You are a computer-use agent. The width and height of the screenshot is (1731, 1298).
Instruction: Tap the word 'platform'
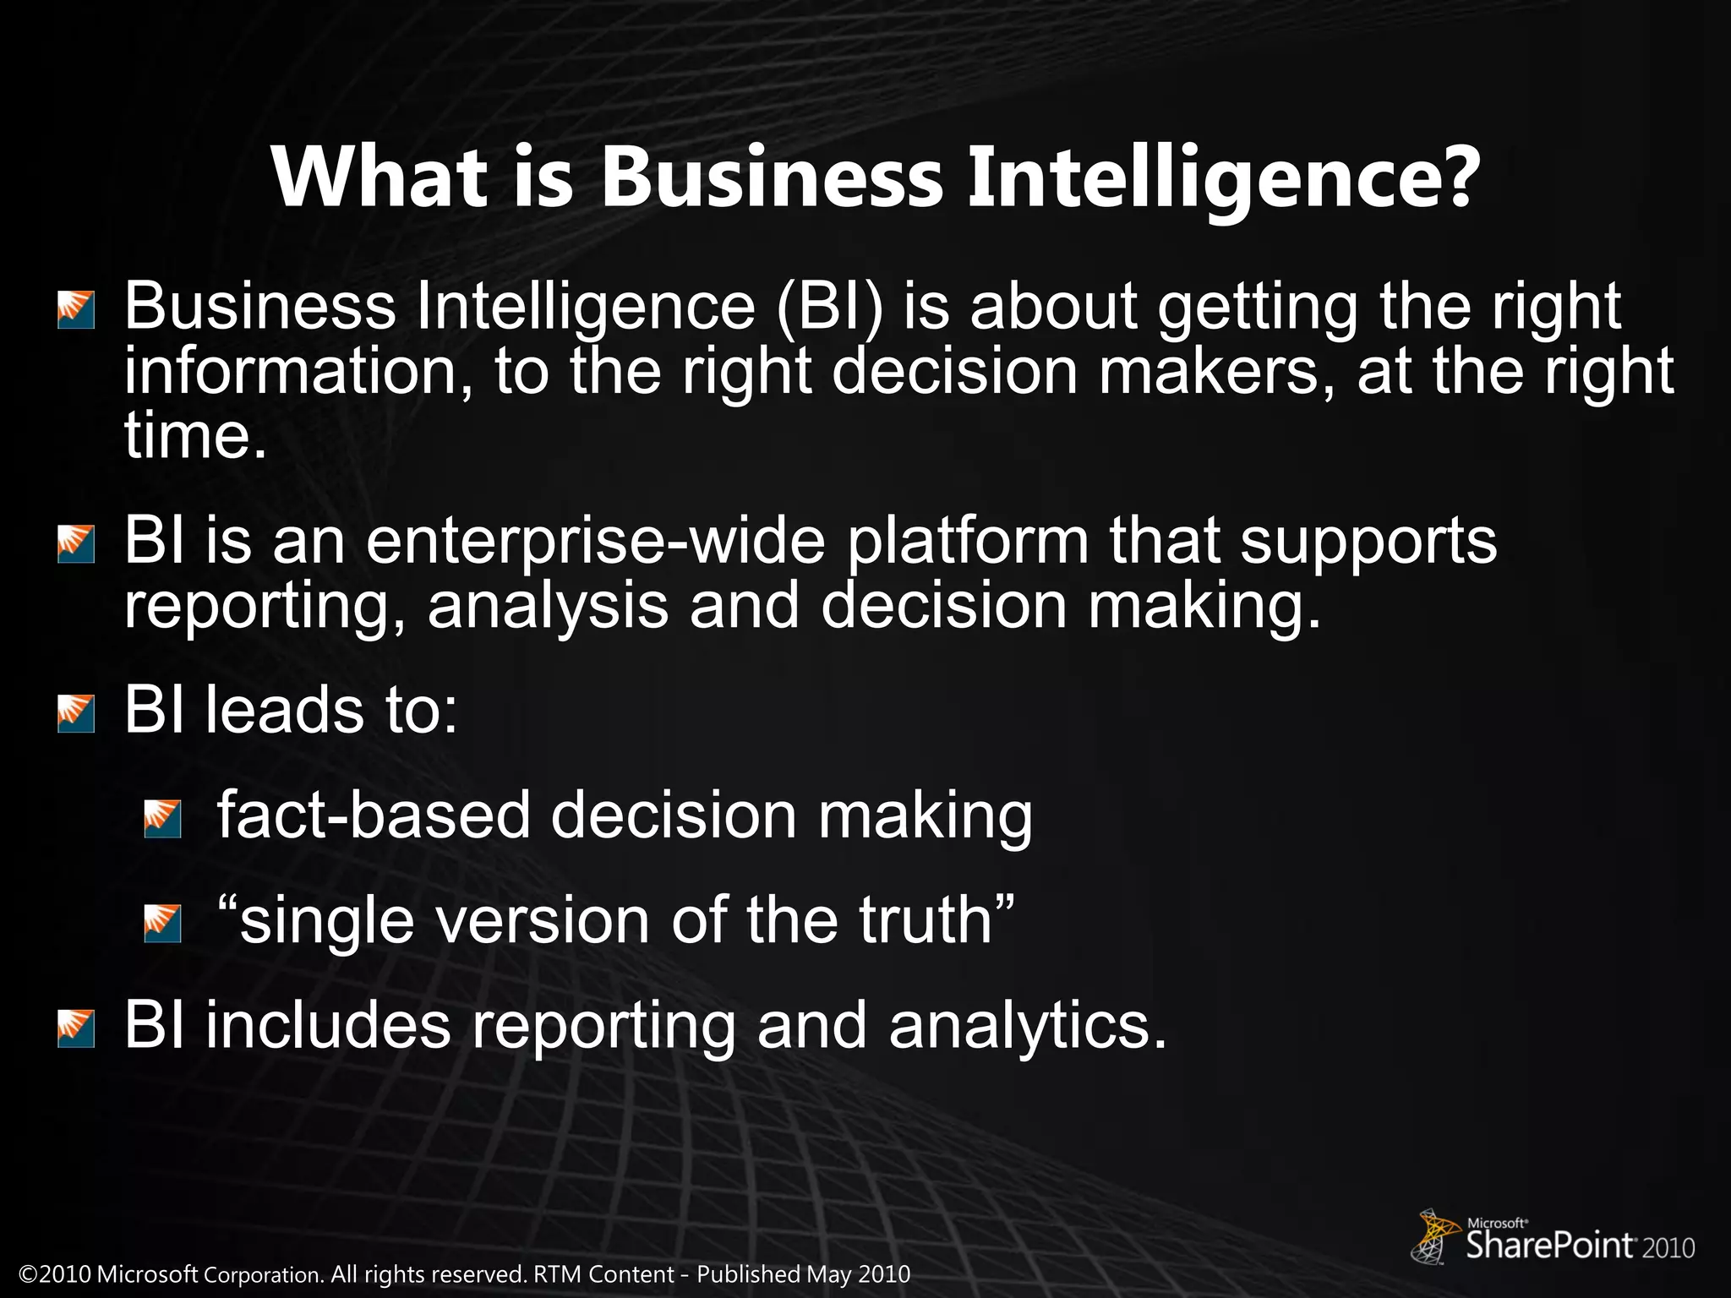point(968,543)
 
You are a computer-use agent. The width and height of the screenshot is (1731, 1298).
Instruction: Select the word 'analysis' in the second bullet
point(548,607)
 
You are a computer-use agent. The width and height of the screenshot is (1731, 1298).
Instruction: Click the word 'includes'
point(328,1025)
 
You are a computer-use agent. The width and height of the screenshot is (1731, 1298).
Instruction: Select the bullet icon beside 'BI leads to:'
point(76,714)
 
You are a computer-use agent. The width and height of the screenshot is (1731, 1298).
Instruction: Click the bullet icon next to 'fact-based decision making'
point(162,819)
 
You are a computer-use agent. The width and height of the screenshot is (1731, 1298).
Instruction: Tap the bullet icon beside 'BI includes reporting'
point(76,1028)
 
